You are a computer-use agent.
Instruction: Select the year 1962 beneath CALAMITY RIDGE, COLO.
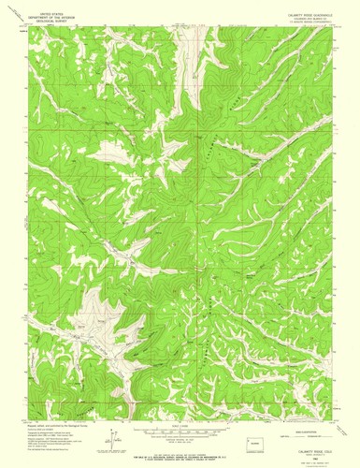coord(309,460)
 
